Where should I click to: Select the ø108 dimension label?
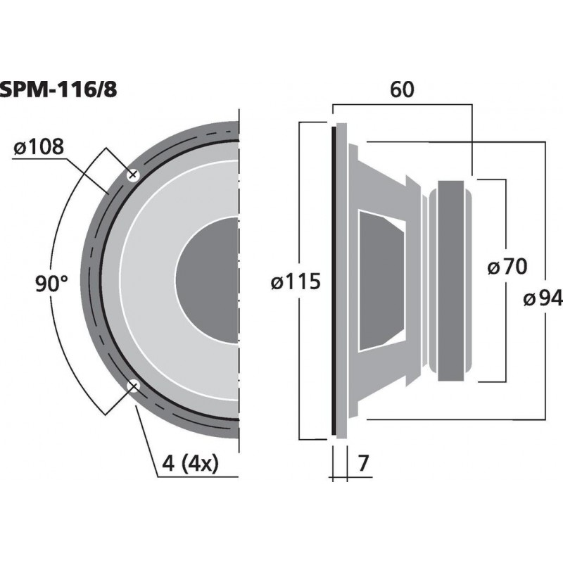click(39, 147)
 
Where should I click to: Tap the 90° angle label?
click(51, 284)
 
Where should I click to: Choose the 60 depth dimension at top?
click(401, 89)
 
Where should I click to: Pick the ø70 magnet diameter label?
click(507, 267)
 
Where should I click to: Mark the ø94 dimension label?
click(542, 299)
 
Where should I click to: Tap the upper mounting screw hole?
click(132, 175)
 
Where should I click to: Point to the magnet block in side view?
click(451, 280)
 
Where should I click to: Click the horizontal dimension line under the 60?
click(401, 104)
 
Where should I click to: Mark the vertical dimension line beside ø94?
click(547, 211)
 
